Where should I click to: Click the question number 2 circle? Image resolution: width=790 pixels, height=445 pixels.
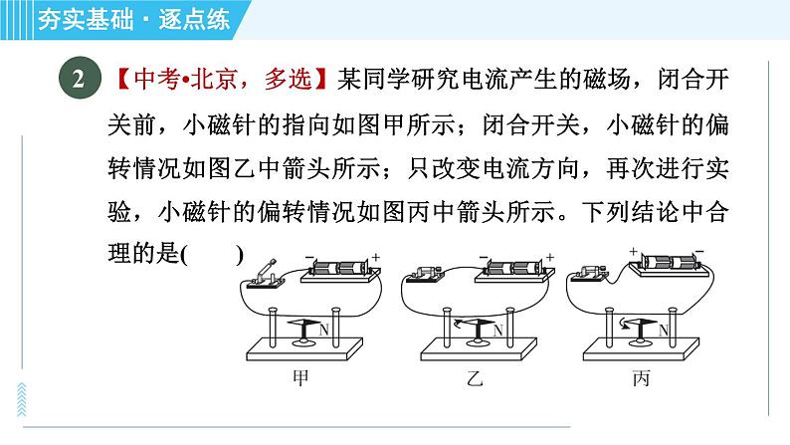coord(80,78)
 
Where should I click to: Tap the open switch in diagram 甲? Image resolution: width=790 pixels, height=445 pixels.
coord(265,275)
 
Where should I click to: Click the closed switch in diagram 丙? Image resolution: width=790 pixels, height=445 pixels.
coord(587,274)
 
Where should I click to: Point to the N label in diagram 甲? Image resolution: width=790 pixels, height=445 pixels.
coord(323,331)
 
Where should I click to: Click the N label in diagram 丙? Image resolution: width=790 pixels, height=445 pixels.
coord(663,331)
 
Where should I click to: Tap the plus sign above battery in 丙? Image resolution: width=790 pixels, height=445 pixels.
coord(634,251)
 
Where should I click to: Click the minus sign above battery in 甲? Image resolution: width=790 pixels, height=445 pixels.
coord(308,257)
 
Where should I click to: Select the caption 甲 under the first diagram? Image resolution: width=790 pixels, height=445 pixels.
coord(300,377)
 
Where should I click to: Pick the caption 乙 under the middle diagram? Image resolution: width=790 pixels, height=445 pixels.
coord(475,377)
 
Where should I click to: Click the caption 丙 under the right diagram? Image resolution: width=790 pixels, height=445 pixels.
coord(642,377)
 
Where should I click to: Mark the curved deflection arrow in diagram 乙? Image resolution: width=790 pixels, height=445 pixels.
coord(459,323)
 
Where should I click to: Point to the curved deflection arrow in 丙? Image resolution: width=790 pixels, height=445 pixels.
coord(626,323)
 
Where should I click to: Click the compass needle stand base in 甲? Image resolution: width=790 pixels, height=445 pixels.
coord(304,342)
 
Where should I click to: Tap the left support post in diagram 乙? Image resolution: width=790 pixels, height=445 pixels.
coord(447,328)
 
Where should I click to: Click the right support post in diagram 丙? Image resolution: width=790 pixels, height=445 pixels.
coord(673,328)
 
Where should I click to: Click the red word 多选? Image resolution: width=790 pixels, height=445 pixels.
coord(289,79)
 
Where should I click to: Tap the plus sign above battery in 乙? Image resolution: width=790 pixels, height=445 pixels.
coord(550,257)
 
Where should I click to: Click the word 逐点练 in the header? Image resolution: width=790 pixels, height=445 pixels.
coord(194,20)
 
